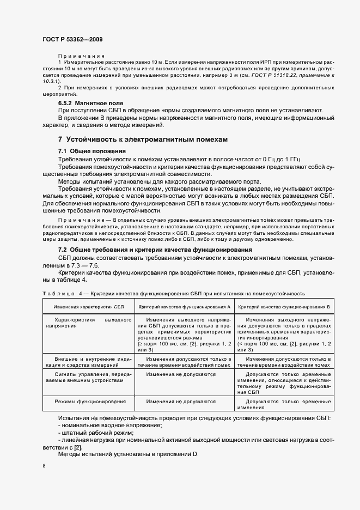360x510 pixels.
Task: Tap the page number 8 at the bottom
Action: [44, 465]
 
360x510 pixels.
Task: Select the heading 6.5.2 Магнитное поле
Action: [90, 103]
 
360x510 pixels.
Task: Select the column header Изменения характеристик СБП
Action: [89, 307]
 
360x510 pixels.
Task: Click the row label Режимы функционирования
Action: [89, 401]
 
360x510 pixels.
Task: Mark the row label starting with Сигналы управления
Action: [89, 378]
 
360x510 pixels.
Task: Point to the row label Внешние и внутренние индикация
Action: [89, 362]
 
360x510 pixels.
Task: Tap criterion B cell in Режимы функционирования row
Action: [285, 404]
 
